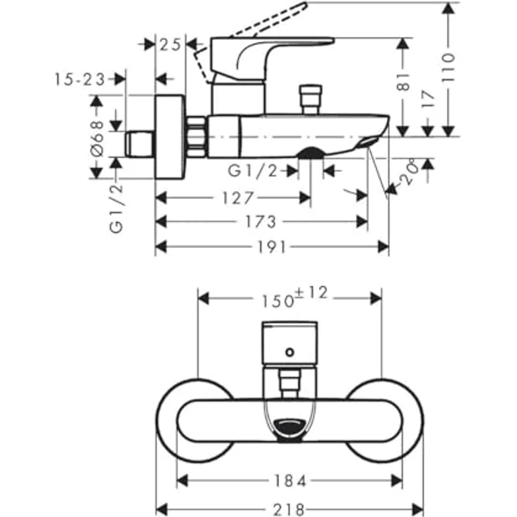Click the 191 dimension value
coord(272,247)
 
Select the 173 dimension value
coord(261,222)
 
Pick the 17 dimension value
coord(428,98)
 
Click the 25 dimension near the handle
coord(169,44)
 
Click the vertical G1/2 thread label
coord(117,207)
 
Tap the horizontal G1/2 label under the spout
coord(254,170)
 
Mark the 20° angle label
coord(411,173)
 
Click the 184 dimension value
coord(289,480)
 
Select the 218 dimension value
coord(289,506)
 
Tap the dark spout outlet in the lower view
coord(289,426)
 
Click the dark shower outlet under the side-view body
coord(310,152)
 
